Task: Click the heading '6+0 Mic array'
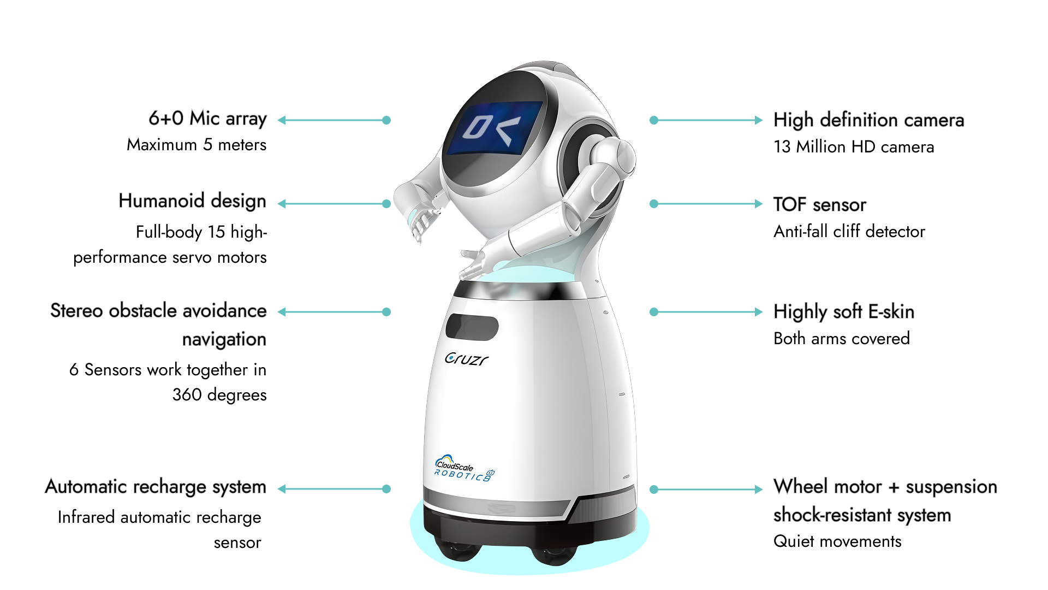coord(207,119)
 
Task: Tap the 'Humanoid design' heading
coord(192,201)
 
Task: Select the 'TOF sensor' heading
coord(819,204)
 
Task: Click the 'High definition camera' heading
coord(868,120)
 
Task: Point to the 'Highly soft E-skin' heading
coord(843,311)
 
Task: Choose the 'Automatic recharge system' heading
coord(156,487)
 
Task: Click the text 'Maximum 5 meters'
coord(196,145)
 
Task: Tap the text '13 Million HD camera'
coord(853,147)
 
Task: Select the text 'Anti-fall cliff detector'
coord(849,232)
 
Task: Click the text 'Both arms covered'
coord(841,339)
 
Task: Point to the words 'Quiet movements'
coord(837,541)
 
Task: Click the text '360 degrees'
coord(219,394)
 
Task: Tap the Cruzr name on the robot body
coord(466,359)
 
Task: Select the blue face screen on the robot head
coord(494,128)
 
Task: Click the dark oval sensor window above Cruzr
coord(472,327)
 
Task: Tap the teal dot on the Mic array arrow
coord(386,120)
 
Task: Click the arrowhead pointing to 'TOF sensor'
coord(758,204)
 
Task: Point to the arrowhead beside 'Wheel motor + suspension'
coord(758,489)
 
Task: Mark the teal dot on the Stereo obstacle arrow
coord(386,312)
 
